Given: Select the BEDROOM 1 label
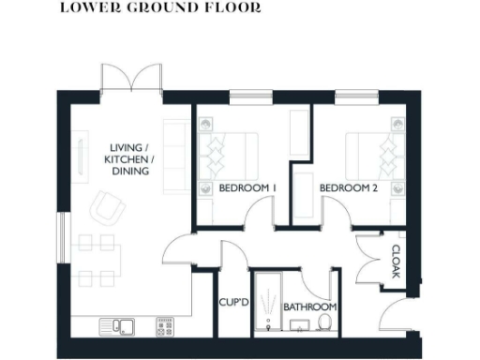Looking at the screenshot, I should pos(247,188).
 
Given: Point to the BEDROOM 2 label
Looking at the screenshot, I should pos(348,188).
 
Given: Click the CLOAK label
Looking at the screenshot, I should pos(396,261).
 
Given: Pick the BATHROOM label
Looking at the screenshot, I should pos(310,307).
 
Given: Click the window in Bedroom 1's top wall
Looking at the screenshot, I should pos(246,95).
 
